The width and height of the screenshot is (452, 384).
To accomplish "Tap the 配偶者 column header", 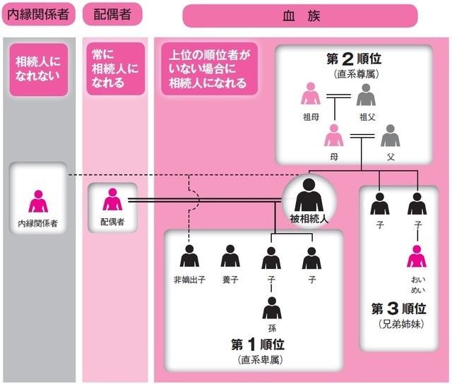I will coord(112,15).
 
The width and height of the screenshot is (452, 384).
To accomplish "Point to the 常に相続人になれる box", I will coord(112,69).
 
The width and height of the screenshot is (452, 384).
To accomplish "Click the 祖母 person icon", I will coord(310,95).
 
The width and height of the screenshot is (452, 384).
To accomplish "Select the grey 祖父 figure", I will coord(365,95).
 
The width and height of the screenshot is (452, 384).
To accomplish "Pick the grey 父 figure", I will coord(390,134).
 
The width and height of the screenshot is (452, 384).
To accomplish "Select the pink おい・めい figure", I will coord(417,256).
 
